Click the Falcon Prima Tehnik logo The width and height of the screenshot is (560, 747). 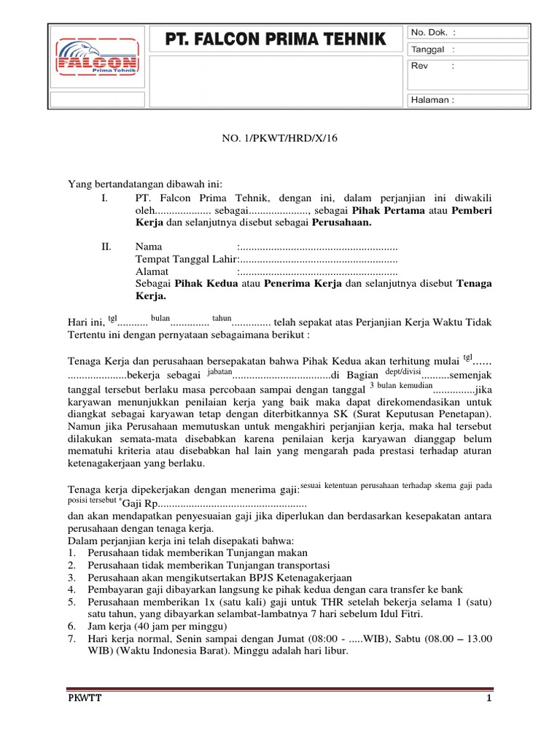click(97, 66)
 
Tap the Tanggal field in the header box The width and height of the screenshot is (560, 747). click(434, 50)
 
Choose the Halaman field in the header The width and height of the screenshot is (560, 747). click(434, 100)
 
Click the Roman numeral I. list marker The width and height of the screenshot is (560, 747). click(105, 197)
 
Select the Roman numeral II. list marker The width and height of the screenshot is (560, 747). click(106, 247)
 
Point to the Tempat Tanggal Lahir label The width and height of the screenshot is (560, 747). click(186, 259)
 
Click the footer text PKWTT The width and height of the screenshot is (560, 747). click(82, 699)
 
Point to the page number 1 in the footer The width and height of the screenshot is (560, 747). click(489, 699)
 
